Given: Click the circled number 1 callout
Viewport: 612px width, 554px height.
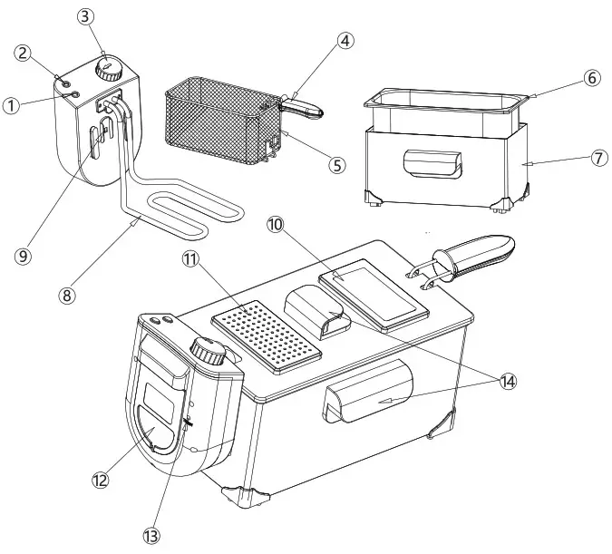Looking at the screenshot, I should click(11, 106).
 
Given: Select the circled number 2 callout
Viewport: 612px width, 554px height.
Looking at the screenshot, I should click(24, 53).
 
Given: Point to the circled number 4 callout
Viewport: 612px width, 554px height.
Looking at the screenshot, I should click(345, 41).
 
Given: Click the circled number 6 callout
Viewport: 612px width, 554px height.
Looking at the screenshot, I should click(590, 78).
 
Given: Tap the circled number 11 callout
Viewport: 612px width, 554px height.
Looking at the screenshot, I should click(190, 259).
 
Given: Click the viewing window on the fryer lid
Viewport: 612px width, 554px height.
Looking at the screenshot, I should click(374, 295).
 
